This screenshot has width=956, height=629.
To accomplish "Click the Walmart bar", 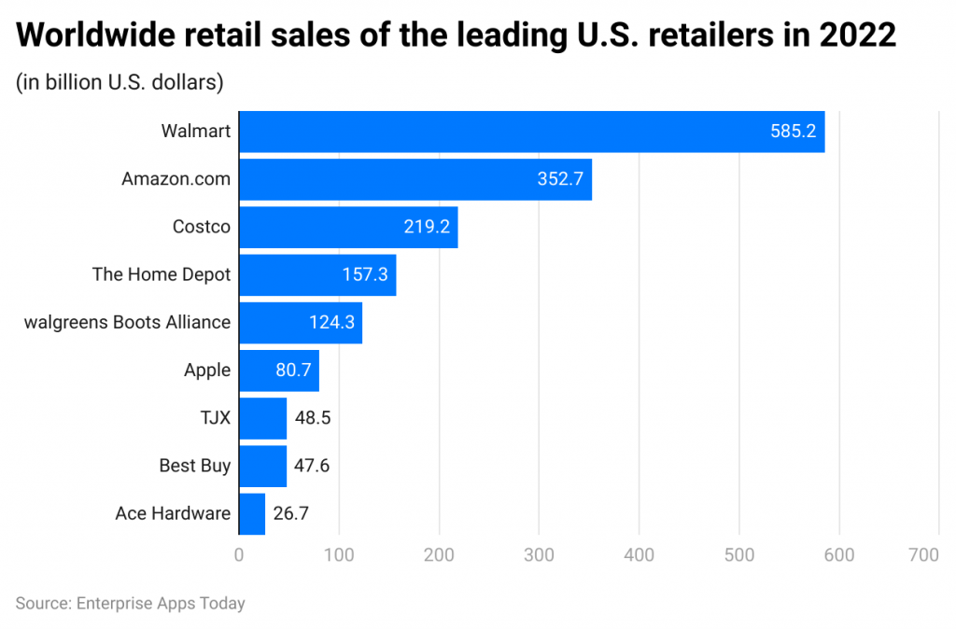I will pyautogui.click(x=532, y=132).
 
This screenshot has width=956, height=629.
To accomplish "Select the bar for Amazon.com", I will pyautogui.click(x=415, y=179).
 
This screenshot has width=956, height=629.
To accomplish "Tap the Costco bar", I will pyautogui.click(x=348, y=227).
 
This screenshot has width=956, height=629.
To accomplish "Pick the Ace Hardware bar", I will pyautogui.click(x=252, y=513).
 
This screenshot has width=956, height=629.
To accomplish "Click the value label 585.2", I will pyautogui.click(x=793, y=132).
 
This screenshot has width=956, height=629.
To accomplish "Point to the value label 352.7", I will pyautogui.click(x=560, y=179).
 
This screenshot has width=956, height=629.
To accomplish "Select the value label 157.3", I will pyautogui.click(x=365, y=274).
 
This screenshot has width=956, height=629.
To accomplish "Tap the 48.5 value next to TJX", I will pyautogui.click(x=312, y=417).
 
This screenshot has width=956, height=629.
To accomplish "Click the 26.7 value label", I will pyautogui.click(x=290, y=513).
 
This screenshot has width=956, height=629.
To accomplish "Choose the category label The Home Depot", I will pyautogui.click(x=161, y=274).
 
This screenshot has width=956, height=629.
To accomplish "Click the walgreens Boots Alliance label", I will pyautogui.click(x=127, y=322).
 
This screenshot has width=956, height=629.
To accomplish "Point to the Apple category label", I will pyautogui.click(x=206, y=370).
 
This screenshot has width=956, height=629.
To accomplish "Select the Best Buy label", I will pyautogui.click(x=194, y=465).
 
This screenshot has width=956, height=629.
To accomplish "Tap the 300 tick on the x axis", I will pyautogui.click(x=539, y=554).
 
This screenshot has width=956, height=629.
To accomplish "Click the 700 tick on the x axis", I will pyautogui.click(x=922, y=554).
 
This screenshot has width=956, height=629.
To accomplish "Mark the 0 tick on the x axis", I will pyautogui.click(x=239, y=554).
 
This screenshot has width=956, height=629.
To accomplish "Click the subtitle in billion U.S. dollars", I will pyautogui.click(x=119, y=82).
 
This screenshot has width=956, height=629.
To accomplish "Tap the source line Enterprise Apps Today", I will pyautogui.click(x=130, y=603).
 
